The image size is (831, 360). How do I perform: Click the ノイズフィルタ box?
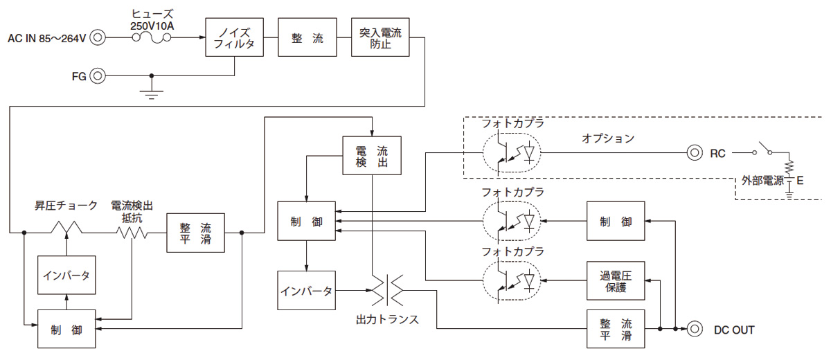(x=234, y=37)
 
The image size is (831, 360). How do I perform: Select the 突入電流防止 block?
(x=381, y=37)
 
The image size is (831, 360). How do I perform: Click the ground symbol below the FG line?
(x=152, y=92)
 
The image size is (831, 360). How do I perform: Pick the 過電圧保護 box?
(x=616, y=280)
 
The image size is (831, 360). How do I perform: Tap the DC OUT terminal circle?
(x=695, y=329)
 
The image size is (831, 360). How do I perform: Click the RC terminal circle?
(x=695, y=153)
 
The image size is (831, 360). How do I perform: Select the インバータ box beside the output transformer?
(x=306, y=290)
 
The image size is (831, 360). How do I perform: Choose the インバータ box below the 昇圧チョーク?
(x=66, y=275)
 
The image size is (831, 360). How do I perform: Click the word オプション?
(x=607, y=138)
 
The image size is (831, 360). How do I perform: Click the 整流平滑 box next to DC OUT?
(x=616, y=329)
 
